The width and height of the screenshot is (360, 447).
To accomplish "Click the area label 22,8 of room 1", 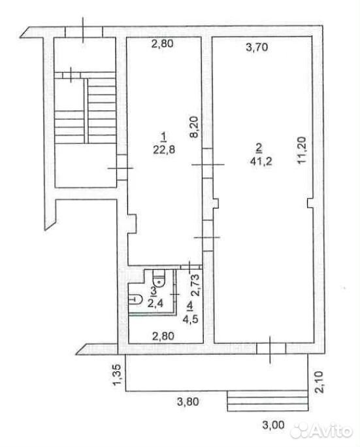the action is pos(164,150).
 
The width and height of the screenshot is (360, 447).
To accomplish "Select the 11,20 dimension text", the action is pos(301,150).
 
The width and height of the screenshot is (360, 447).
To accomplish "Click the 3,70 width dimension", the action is pos(257,47).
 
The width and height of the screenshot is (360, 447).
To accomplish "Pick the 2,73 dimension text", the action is pos(195,285).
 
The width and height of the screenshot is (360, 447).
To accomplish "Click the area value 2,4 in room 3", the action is pos(155,303).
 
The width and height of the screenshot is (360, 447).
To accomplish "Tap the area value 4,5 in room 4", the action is pos(190,318).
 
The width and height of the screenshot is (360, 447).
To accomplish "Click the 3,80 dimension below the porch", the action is pos(188,402).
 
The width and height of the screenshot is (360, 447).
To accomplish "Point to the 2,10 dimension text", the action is pos(320,382).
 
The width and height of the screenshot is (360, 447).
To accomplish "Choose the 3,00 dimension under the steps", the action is pos(274,425).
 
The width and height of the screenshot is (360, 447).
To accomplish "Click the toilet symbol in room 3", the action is pos(159,278).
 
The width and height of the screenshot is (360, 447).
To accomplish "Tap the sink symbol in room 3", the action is pos(135,299).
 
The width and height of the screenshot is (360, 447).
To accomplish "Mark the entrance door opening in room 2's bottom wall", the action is pos(270,349).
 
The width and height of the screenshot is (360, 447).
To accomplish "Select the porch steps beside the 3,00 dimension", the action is pos(268,401).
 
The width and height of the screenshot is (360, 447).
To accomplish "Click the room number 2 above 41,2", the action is pos(259,148).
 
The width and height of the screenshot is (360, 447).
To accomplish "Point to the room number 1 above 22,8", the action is pos(163,137).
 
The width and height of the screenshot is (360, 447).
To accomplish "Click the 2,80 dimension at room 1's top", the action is pos(163,44).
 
